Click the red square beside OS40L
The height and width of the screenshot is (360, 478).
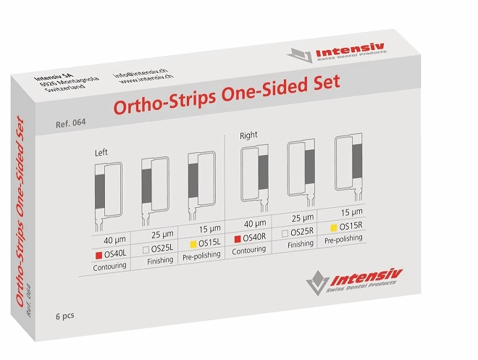pos(98,256)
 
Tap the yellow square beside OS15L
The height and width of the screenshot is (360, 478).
pos(193,244)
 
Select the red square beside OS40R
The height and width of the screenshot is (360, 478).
pos(238,239)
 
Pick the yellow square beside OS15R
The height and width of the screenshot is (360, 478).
pos(334,227)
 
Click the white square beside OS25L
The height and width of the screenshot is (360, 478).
pos(146,250)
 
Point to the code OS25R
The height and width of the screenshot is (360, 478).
pos(302,232)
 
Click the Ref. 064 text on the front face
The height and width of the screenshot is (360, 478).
pos(71,123)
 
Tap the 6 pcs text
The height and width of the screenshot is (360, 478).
pos(65,316)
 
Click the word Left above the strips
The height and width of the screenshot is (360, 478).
pos(101,152)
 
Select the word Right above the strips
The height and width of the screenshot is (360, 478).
pos(248,135)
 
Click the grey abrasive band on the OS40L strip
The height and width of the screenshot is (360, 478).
pos(100,191)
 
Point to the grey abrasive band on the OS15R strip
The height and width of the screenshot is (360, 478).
pos(357,161)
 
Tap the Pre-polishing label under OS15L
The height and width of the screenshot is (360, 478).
pos(201,256)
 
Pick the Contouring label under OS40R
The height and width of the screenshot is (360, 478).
pos(248,251)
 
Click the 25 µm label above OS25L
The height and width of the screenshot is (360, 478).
pos(162,235)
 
